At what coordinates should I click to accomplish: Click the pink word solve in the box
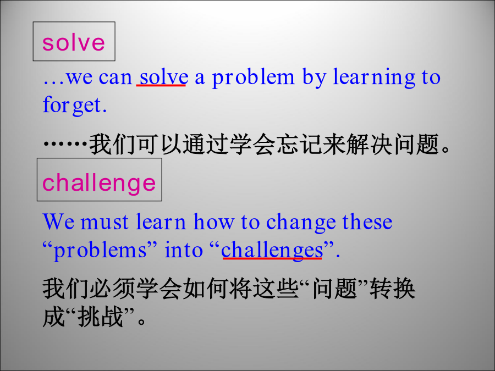click(x=73, y=42)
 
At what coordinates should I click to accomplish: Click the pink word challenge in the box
click(x=99, y=182)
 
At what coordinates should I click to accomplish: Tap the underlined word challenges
click(x=272, y=251)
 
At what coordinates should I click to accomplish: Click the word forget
click(x=74, y=106)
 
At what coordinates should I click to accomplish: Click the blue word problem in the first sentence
click(x=253, y=77)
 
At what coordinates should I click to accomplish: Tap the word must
click(x=105, y=222)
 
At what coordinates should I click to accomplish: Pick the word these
click(x=367, y=222)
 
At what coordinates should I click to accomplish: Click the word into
click(x=184, y=250)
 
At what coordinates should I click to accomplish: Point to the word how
click(x=213, y=222)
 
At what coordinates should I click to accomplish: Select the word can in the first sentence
click(x=116, y=77)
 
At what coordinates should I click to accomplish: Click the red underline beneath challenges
click(x=272, y=259)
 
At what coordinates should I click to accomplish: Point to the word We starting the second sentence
click(x=59, y=222)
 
